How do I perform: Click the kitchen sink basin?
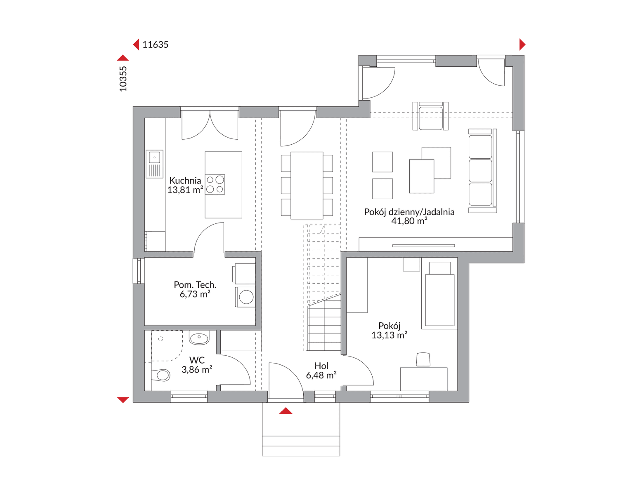tap(154, 157)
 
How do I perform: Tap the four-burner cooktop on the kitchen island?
tap(215, 185)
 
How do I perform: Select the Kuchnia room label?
tap(185, 181)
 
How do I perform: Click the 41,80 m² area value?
tap(409, 221)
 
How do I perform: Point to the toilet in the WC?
tap(160, 375)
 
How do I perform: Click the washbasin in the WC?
tap(199, 339)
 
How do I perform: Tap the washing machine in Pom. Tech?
tap(245, 297)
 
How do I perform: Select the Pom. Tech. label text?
tap(195, 284)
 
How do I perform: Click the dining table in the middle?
tap(307, 185)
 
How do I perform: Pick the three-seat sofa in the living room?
tap(482, 171)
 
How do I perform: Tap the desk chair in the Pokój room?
tap(423, 359)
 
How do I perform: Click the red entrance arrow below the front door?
tap(286, 411)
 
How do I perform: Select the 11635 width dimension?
tap(155, 45)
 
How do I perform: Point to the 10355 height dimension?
tap(123, 79)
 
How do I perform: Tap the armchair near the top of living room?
tap(430, 116)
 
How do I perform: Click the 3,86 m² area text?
tap(197, 369)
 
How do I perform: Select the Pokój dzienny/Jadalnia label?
tap(409, 212)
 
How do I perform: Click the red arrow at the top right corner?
tap(522, 45)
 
